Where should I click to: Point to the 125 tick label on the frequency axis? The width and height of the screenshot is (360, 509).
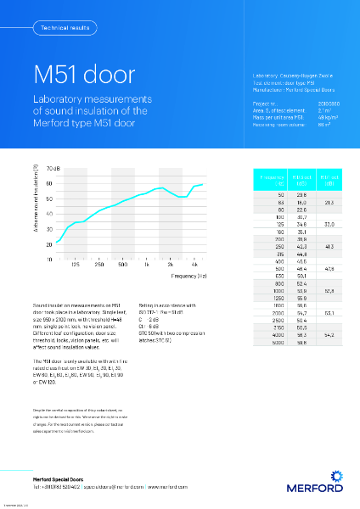tap(76, 266)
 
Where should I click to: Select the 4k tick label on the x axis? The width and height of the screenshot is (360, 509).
tap(195, 266)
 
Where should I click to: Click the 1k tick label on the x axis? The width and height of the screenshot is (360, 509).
tap(147, 266)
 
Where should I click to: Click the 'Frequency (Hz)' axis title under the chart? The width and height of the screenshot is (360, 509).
tap(190, 277)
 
